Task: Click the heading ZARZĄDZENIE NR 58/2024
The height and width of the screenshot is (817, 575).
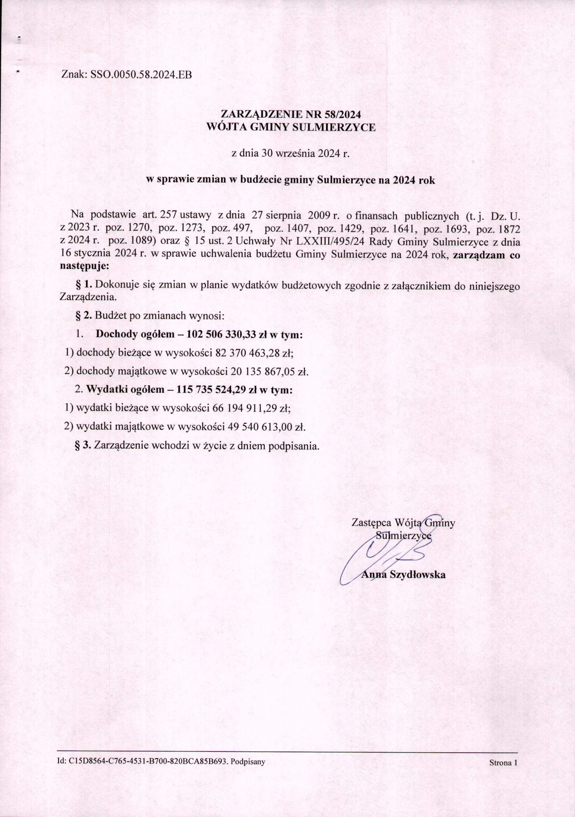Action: pyautogui.click(x=291, y=114)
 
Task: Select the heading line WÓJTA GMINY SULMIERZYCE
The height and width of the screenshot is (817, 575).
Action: pyautogui.click(x=291, y=127)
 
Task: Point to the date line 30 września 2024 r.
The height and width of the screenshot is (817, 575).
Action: pyautogui.click(x=291, y=154)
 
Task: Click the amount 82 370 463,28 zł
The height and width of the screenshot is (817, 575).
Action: pyautogui.click(x=254, y=353)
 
